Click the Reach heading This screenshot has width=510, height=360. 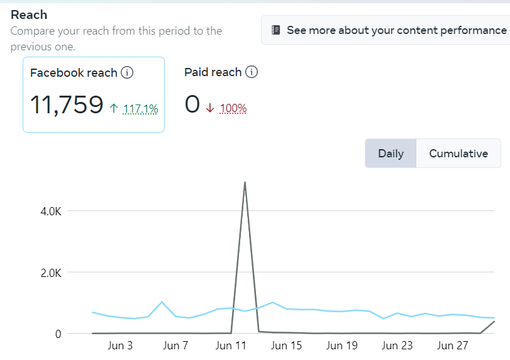(x=29, y=14)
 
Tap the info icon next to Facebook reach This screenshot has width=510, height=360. (x=127, y=73)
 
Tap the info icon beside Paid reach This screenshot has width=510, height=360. (x=252, y=72)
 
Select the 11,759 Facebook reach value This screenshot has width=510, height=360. (x=67, y=104)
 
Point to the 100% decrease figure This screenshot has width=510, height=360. (x=233, y=108)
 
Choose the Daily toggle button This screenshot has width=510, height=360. (x=391, y=154)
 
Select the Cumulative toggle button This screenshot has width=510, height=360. (x=458, y=154)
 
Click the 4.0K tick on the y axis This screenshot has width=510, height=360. (x=51, y=211)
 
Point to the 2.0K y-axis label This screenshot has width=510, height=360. (x=51, y=273)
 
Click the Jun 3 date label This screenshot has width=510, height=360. (x=121, y=346)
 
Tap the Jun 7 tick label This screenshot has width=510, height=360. (x=175, y=346)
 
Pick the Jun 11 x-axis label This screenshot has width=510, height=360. (x=231, y=346)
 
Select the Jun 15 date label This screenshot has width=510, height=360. (x=287, y=346)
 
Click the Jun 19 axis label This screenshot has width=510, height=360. (x=342, y=346)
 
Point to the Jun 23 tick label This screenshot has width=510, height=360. (x=397, y=346)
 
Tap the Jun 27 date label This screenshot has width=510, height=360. (x=453, y=346)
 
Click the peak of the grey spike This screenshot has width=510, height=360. (x=245, y=183)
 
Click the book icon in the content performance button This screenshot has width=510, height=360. (x=275, y=30)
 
